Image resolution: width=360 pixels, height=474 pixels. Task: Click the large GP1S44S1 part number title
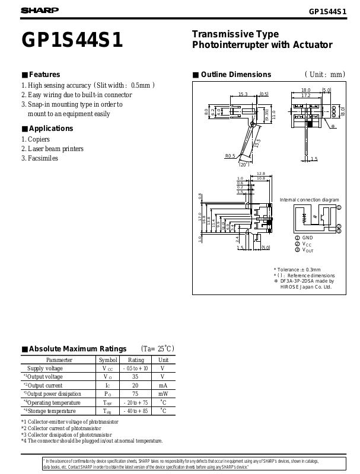[72, 40]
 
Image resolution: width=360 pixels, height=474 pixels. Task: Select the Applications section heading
[51, 129]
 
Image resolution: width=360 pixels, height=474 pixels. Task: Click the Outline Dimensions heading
[236, 75]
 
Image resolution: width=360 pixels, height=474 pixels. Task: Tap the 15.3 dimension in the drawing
[243, 94]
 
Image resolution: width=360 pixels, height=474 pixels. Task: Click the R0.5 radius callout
[230, 156]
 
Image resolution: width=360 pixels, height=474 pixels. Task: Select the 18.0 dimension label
[305, 90]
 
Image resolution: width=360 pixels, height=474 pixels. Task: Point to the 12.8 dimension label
[260, 173]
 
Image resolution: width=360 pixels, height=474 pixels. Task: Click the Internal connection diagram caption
[309, 200]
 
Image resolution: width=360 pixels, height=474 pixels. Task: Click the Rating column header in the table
[136, 360]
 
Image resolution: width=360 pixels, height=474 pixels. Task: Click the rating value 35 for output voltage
[135, 376]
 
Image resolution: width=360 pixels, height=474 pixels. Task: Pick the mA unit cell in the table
[163, 385]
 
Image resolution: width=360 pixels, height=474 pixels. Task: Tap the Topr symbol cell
[107, 402]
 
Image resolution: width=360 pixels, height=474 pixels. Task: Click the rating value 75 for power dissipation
[135, 393]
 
